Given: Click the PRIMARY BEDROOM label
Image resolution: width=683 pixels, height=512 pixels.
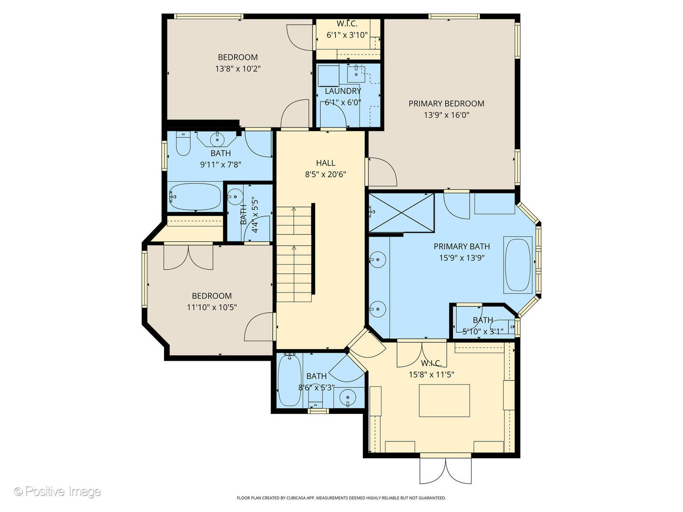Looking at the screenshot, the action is pyautogui.click(x=446, y=103).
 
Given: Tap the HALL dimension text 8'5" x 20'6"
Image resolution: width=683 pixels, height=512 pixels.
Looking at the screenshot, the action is pyautogui.click(x=325, y=174).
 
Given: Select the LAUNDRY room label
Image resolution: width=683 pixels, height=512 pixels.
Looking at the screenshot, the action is pyautogui.click(x=343, y=91).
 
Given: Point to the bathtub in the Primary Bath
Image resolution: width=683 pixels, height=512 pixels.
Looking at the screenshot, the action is pyautogui.click(x=518, y=265).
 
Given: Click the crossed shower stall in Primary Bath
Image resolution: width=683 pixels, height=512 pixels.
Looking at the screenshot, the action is pyautogui.click(x=401, y=213).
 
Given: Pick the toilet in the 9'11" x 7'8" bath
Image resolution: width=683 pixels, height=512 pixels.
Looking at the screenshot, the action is pyautogui.click(x=183, y=143).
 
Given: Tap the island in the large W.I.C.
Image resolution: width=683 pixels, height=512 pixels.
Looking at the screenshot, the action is pyautogui.click(x=444, y=401).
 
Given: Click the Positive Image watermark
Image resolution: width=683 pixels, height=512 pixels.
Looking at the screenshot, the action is pyautogui.click(x=57, y=492).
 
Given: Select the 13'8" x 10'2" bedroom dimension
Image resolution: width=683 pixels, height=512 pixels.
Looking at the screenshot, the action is pyautogui.click(x=238, y=69).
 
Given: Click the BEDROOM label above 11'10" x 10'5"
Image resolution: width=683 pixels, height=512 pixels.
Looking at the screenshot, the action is pyautogui.click(x=212, y=296).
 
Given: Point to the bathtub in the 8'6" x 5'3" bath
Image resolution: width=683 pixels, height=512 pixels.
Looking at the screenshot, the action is pyautogui.click(x=290, y=380).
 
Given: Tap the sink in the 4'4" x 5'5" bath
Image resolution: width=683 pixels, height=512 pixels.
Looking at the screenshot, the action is pyautogui.click(x=235, y=196).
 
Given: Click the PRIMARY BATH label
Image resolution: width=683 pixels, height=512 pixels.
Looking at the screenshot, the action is pyautogui.click(x=462, y=247).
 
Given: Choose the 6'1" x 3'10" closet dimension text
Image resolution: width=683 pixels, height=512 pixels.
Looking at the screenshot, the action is pyautogui.click(x=347, y=35).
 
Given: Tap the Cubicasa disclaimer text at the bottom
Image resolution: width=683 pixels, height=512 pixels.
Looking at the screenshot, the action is pyautogui.click(x=341, y=498).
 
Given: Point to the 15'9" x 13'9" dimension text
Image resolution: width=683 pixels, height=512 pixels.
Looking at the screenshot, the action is pyautogui.click(x=462, y=258).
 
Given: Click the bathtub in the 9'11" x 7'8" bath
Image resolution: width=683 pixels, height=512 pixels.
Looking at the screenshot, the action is pyautogui.click(x=195, y=197).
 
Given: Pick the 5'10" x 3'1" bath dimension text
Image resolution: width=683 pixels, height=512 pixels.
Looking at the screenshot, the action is pyautogui.click(x=483, y=331).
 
